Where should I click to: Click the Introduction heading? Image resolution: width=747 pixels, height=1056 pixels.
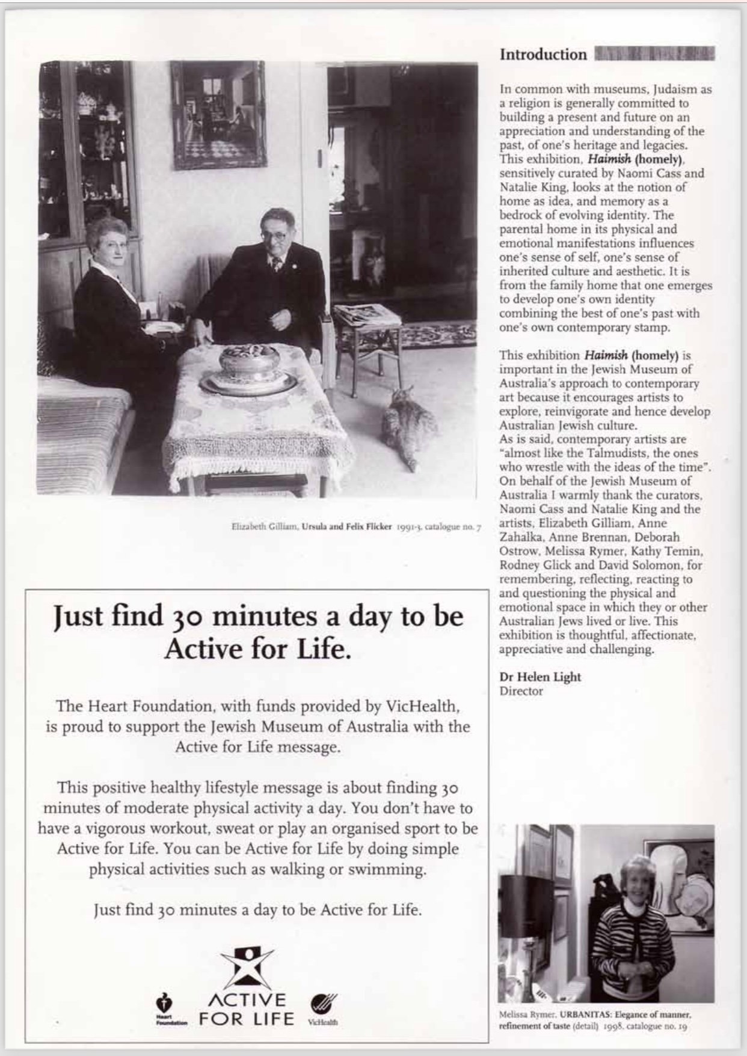point(543,55)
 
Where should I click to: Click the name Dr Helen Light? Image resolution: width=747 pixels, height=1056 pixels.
point(540,677)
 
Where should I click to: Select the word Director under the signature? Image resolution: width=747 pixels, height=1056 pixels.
point(521,691)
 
